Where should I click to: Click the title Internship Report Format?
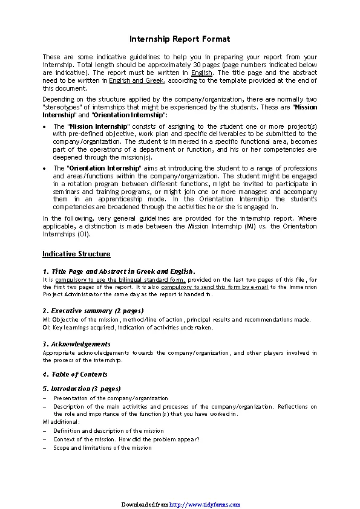pos(180,39)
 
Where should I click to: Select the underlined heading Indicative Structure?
pos(76,254)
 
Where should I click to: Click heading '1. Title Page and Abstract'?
pos(119,271)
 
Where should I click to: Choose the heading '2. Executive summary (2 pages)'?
pos(93,311)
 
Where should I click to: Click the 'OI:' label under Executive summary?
pos(47,327)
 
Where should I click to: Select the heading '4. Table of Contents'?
pos(75,374)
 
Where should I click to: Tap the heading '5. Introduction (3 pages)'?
pos(82,389)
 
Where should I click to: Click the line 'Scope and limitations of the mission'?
pos(102,448)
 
